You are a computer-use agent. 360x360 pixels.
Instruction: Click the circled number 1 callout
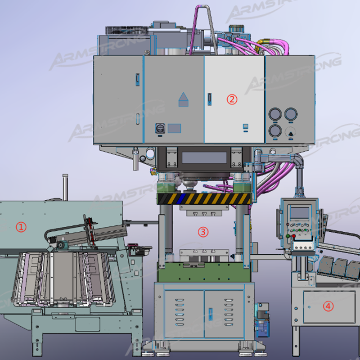[x=21, y=227]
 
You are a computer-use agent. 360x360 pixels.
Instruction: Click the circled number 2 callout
[x=232, y=99]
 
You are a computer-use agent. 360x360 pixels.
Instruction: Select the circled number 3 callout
[x=203, y=232]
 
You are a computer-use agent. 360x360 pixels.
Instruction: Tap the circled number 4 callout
[x=328, y=306]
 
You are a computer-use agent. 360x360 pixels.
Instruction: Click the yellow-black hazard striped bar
[x=204, y=199]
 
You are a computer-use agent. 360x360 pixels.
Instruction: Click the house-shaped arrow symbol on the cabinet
[x=184, y=99]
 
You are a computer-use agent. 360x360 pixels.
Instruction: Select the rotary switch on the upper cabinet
[x=160, y=128]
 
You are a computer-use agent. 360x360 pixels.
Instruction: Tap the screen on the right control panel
[x=300, y=213]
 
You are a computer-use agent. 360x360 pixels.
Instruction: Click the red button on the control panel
[x=293, y=236]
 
